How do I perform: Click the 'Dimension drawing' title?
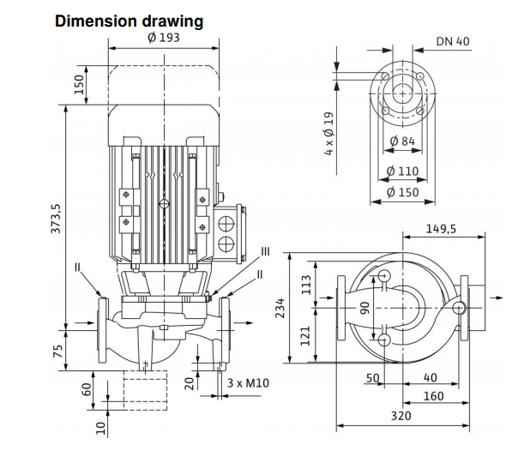pos(129,21)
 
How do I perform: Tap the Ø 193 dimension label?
pos(163,39)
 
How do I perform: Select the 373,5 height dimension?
pos(57,219)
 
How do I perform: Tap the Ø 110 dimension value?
pos(402,171)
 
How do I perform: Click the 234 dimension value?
pos(280,309)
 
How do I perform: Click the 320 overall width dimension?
pos(401,416)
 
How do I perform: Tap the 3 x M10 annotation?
pos(249,382)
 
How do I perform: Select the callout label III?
pos(265,251)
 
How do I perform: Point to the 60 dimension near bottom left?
pos(86,388)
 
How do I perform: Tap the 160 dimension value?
pos(434,396)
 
